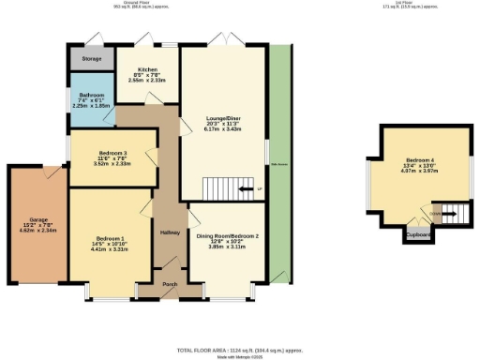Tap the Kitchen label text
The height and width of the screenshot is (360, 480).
point(146,70)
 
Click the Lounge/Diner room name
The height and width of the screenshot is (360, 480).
point(223,118)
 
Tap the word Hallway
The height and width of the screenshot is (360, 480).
point(170,232)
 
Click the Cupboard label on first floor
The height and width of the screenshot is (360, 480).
point(419,234)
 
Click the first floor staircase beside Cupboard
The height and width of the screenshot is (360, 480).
point(451,214)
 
